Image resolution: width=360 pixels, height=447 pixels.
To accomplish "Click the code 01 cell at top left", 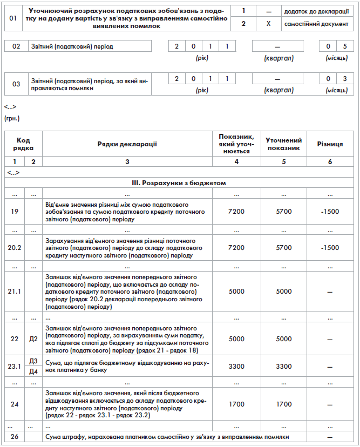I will point(14,18).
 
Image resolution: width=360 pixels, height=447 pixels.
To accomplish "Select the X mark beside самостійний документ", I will point(268,24).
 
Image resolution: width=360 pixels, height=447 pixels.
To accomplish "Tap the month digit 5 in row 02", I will point(345,46).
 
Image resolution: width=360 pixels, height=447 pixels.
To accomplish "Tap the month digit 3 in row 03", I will point(345,79).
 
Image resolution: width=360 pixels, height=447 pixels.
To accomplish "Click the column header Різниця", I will point(330,144).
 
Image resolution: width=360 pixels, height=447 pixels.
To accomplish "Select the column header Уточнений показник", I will point(283,144).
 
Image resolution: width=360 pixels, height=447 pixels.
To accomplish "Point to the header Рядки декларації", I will point(127,144).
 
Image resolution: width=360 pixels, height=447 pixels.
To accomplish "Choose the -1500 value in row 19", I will point(330,212).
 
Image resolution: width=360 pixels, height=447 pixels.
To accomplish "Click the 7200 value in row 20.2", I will point(237,248).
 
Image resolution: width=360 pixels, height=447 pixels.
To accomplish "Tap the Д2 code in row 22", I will point(33,338).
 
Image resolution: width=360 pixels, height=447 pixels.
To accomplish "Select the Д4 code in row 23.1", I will point(33,371).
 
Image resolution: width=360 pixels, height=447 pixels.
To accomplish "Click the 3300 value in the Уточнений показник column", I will point(283,367).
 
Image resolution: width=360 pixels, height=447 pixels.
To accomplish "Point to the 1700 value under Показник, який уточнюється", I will point(237,403).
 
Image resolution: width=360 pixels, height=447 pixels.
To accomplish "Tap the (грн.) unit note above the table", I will point(12,118).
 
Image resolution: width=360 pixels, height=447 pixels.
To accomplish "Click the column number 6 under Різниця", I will point(330,161).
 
